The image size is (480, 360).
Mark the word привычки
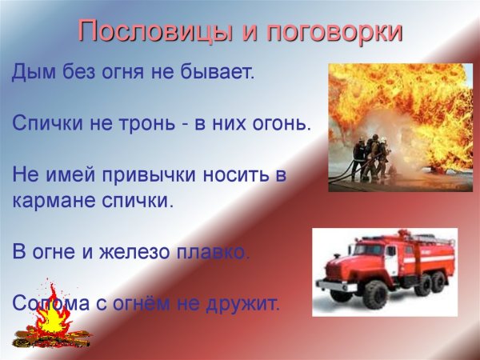pos(151,175)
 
